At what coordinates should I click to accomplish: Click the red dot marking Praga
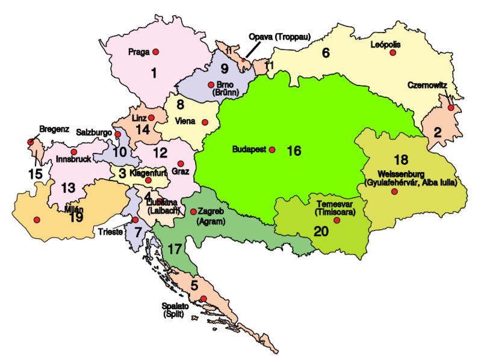[x=155, y=52]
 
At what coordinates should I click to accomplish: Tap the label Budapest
[x=249, y=150]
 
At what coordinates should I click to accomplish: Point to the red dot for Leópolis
[x=393, y=53]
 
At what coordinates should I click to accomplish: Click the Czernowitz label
[x=427, y=85]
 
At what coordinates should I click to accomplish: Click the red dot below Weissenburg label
[x=394, y=192]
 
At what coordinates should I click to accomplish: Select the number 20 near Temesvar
[x=321, y=232]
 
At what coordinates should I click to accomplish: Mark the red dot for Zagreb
[x=193, y=212]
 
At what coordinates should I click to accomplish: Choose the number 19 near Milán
[x=76, y=217]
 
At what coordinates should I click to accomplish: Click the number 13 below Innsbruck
[x=68, y=188]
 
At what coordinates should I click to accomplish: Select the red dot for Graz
[x=181, y=163]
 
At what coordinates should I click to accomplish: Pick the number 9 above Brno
[x=224, y=68]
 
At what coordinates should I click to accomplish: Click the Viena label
[x=185, y=122]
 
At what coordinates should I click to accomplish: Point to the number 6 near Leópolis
[x=326, y=53]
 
